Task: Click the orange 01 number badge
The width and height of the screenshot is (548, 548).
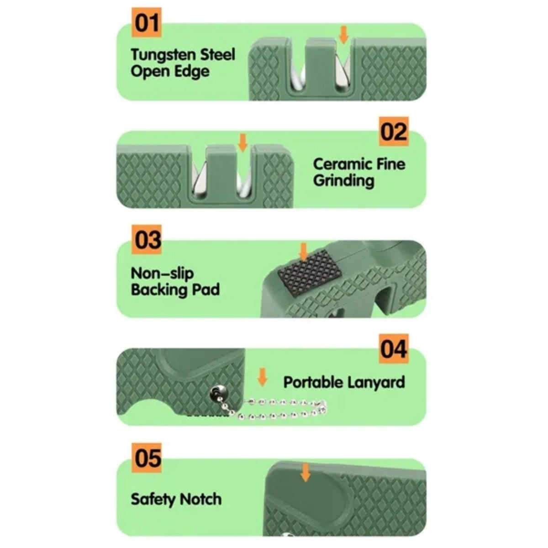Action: coord(146,22)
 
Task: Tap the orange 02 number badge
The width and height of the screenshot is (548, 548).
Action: coord(394,132)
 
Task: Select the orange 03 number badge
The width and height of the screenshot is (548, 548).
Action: coord(146,239)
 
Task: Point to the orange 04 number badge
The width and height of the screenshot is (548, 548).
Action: coord(394,348)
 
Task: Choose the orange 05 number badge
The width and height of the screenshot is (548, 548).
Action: coord(146,457)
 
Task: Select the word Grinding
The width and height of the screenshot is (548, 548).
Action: coord(343,181)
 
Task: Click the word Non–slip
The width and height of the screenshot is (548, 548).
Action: coord(162,274)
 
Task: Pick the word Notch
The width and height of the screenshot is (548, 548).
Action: coord(200,499)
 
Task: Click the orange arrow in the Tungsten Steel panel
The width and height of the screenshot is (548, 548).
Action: coord(344,35)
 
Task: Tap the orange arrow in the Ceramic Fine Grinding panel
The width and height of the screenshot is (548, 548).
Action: coord(242,143)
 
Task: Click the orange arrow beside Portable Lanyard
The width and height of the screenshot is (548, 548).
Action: coord(262,377)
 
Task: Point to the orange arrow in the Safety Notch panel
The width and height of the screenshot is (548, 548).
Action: coord(306,472)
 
